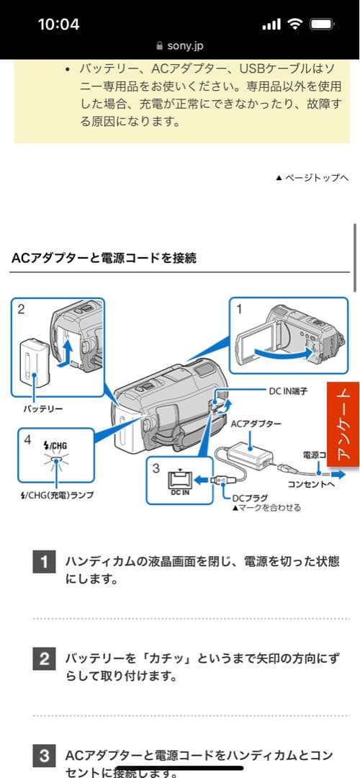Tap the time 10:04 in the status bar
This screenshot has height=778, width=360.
click(x=58, y=24)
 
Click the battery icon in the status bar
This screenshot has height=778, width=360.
click(x=321, y=24)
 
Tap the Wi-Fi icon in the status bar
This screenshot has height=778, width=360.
click(x=294, y=24)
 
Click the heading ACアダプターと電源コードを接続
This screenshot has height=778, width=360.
click(x=104, y=257)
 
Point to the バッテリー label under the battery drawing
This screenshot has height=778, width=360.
click(x=42, y=409)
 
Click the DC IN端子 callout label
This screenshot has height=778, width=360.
click(x=289, y=390)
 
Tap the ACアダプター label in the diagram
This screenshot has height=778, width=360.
click(x=256, y=424)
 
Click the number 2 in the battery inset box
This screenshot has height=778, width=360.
click(x=21, y=309)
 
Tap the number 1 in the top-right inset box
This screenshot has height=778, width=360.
click(x=239, y=308)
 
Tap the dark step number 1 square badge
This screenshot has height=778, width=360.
click(x=44, y=562)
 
